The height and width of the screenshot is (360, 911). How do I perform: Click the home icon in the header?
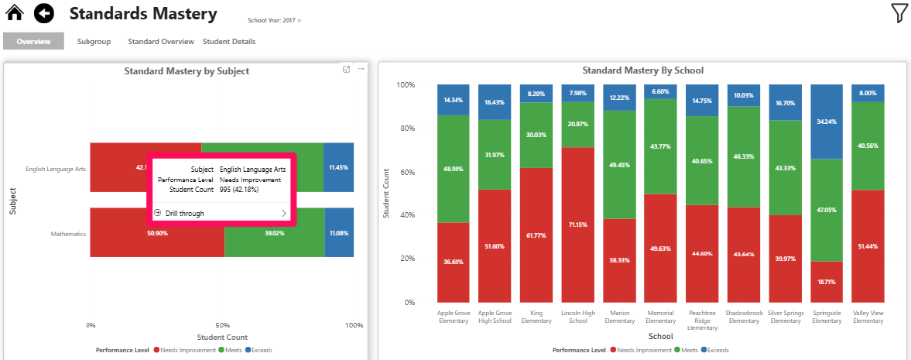[15, 13]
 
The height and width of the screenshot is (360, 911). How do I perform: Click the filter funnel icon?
[899, 13]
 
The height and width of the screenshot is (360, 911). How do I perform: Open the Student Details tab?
[229, 42]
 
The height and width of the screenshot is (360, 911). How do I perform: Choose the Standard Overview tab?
[161, 42]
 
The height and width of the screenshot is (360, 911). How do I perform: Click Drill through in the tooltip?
[185, 213]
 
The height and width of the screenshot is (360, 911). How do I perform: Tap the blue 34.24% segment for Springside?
[826, 122]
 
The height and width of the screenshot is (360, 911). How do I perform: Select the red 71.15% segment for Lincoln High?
[578, 225]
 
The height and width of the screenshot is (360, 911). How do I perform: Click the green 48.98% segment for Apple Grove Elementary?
[454, 169]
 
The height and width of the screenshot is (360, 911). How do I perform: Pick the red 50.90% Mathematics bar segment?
[157, 233]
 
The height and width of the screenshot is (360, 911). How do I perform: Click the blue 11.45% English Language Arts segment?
[338, 167]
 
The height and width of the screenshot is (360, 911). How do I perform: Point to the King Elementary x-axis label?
[536, 317]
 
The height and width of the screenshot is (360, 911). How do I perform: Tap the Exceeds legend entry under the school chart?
[716, 350]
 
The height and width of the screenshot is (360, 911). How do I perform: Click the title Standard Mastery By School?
[642, 70]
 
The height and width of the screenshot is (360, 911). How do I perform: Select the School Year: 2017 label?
[274, 20]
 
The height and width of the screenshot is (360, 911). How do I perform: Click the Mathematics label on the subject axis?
[68, 233]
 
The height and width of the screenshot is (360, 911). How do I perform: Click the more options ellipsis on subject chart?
[361, 69]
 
